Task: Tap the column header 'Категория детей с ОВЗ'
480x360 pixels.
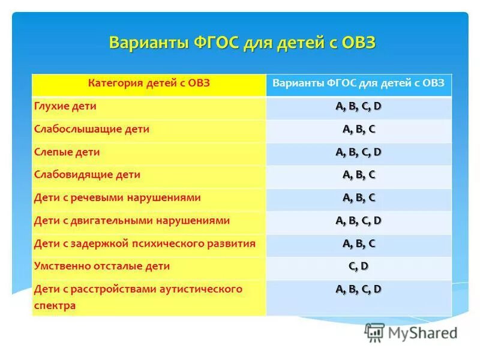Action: pos(149,83)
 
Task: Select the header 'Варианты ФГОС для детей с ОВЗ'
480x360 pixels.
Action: pos(359,83)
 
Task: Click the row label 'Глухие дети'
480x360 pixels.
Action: pos(65,106)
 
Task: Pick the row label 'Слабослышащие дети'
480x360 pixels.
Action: pos(92,129)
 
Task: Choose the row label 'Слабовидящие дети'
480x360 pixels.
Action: pos(88,175)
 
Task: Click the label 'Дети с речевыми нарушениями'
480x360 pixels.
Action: pos(118,197)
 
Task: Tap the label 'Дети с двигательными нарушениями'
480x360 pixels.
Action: pos(132,220)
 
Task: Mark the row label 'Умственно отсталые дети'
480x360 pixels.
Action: pos(102,266)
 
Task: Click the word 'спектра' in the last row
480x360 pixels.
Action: pos(55,305)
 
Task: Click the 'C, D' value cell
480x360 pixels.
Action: pos(359,266)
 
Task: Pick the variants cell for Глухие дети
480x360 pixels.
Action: pos(359,106)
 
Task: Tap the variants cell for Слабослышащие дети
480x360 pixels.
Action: pos(359,129)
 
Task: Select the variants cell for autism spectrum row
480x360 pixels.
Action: pos(359,289)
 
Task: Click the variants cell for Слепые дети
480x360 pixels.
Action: pos(359,152)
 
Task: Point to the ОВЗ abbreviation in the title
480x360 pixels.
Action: pos(358,44)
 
